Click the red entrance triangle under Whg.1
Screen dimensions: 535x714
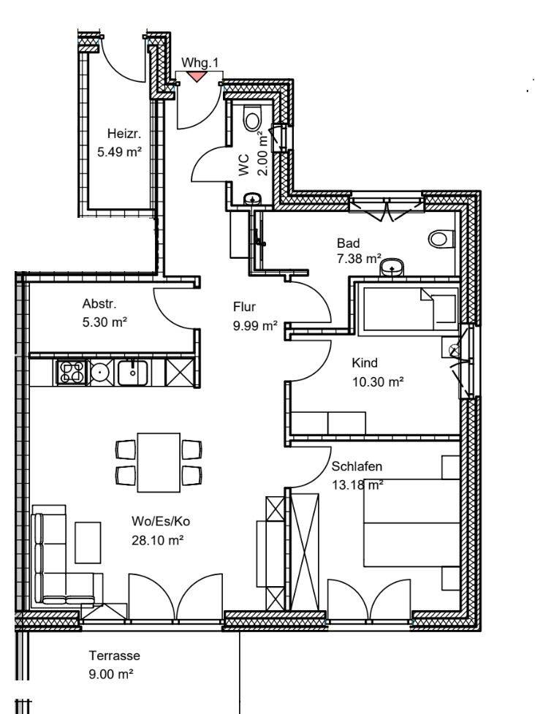pos(197,76)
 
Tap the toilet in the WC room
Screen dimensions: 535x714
pos(252,118)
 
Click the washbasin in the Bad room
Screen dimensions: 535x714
pos(391,267)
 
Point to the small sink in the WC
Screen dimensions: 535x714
pos(252,199)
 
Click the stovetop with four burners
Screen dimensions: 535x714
pos(72,372)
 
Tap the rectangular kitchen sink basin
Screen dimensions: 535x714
pos(132,373)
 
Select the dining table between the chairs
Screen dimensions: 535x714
pos(159,462)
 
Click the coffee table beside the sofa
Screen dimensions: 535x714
pos(88,542)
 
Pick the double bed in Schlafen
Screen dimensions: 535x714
pos(411,523)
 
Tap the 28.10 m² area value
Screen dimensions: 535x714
pos(158,541)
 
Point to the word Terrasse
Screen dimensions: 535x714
pos(114,656)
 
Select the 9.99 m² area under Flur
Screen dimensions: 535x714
pos(255,326)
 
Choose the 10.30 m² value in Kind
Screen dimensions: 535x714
pos(378,381)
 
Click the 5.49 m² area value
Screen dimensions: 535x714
pos(119,151)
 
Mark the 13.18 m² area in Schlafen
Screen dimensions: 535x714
pos(357,485)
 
